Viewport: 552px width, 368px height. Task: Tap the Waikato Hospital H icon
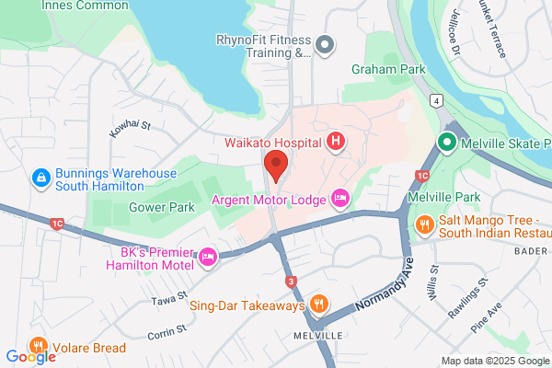[337, 142]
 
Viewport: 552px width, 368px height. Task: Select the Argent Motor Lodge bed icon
[341, 198]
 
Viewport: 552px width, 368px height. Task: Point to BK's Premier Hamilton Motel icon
[207, 259]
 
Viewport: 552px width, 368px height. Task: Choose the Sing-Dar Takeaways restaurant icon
[318, 303]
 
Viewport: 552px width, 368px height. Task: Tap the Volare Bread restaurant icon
[39, 347]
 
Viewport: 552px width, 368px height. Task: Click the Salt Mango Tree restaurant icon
[424, 224]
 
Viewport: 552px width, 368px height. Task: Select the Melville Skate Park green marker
[447, 143]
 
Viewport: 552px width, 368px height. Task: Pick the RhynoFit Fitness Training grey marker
[324, 43]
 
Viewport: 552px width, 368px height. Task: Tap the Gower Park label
[161, 208]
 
